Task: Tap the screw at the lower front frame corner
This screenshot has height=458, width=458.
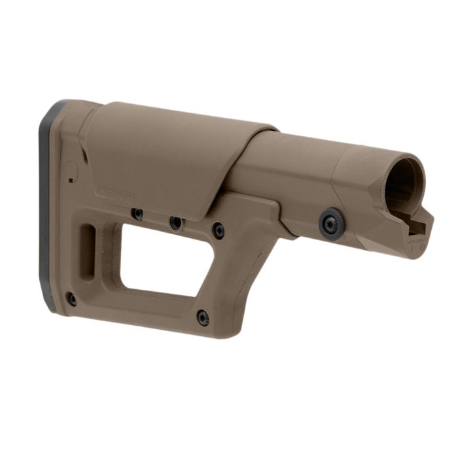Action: pyautogui.click(x=203, y=319)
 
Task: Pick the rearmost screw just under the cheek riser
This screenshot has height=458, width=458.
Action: pyautogui.click(x=138, y=214)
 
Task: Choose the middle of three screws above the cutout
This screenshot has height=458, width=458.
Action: pyautogui.click(x=175, y=222)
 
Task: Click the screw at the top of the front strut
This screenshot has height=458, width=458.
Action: pyautogui.click(x=219, y=230)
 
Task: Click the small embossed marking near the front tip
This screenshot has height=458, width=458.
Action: pyautogui.click(x=417, y=241)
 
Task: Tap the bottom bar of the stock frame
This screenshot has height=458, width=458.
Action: pyautogui.click(x=144, y=313)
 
